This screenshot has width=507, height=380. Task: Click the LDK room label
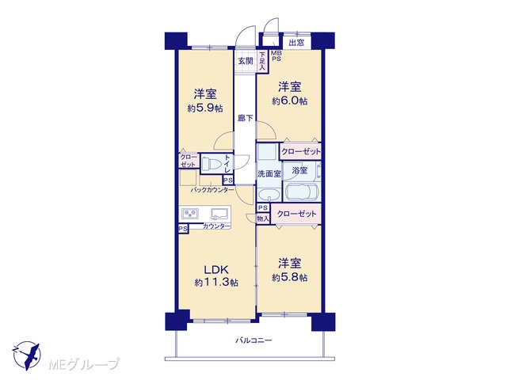[x=216, y=269]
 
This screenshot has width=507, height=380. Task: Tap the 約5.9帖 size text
[x=205, y=108]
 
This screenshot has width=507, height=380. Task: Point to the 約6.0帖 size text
[x=290, y=101]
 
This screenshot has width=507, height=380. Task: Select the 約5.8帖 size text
[x=290, y=277]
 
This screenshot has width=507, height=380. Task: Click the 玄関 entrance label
[x=246, y=60]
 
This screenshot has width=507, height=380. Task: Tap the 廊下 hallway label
[x=246, y=118]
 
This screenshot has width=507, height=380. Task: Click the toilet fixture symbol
[x=210, y=163]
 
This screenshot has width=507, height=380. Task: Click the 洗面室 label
[x=269, y=174]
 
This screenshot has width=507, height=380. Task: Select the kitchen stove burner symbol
[x=190, y=214]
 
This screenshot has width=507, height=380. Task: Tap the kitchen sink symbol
[x=220, y=214]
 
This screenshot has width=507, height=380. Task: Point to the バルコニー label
[x=253, y=340]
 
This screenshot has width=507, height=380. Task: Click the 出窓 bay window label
[x=296, y=43]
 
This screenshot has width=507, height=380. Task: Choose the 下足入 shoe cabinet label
[x=262, y=61]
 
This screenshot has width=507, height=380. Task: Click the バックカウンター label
[x=212, y=190]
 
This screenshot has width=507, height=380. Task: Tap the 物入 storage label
[x=263, y=218]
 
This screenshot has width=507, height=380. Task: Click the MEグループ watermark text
[x=84, y=364]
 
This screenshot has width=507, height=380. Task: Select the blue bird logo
[x=26, y=355]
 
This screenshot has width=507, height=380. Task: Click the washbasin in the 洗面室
[x=269, y=195]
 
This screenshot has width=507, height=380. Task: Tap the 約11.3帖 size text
[x=216, y=283]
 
